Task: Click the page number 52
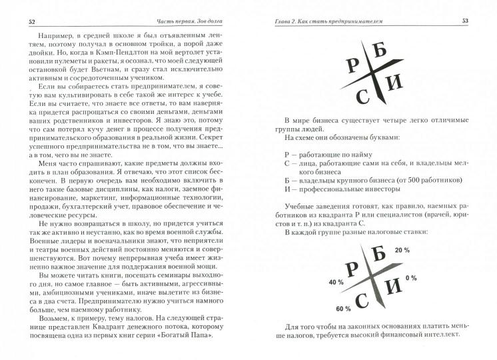(x=31, y=21)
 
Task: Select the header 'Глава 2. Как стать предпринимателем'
(x=331, y=21)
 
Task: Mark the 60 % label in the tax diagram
(x=344, y=308)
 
